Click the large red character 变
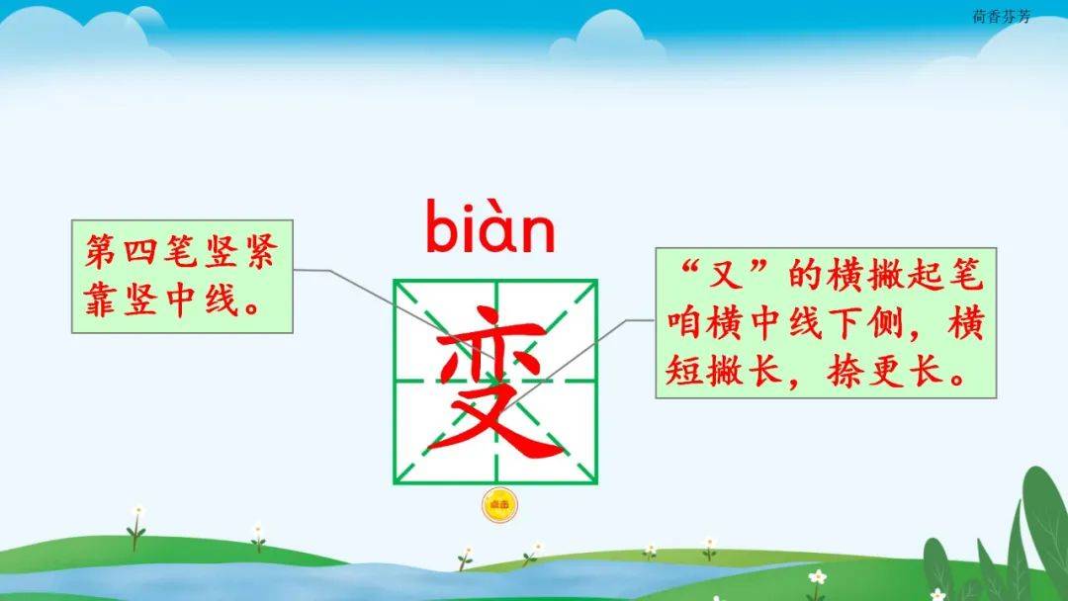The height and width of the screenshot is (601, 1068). pyautogui.click(x=495, y=382)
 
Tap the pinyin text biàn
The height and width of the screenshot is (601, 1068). pyautogui.click(x=490, y=226)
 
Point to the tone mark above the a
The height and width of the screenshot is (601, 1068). pyautogui.click(x=495, y=206)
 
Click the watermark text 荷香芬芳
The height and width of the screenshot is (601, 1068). pyautogui.click(x=1001, y=17)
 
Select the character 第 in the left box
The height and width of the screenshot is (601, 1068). pyautogui.click(x=101, y=251)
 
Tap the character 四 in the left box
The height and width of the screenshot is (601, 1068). pyautogui.click(x=141, y=251)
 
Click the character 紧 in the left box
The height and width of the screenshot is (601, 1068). pyautogui.click(x=261, y=251)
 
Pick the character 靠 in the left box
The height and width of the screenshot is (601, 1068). pyautogui.click(x=101, y=300)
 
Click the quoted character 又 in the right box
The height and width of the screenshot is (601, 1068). pyautogui.click(x=727, y=275)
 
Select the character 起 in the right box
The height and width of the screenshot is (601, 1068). pyautogui.click(x=927, y=275)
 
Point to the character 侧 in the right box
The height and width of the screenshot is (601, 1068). pyautogui.click(x=884, y=322)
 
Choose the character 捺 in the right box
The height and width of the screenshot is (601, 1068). pyautogui.click(x=845, y=371)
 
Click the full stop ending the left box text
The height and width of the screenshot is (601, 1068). pyautogui.click(x=253, y=310)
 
